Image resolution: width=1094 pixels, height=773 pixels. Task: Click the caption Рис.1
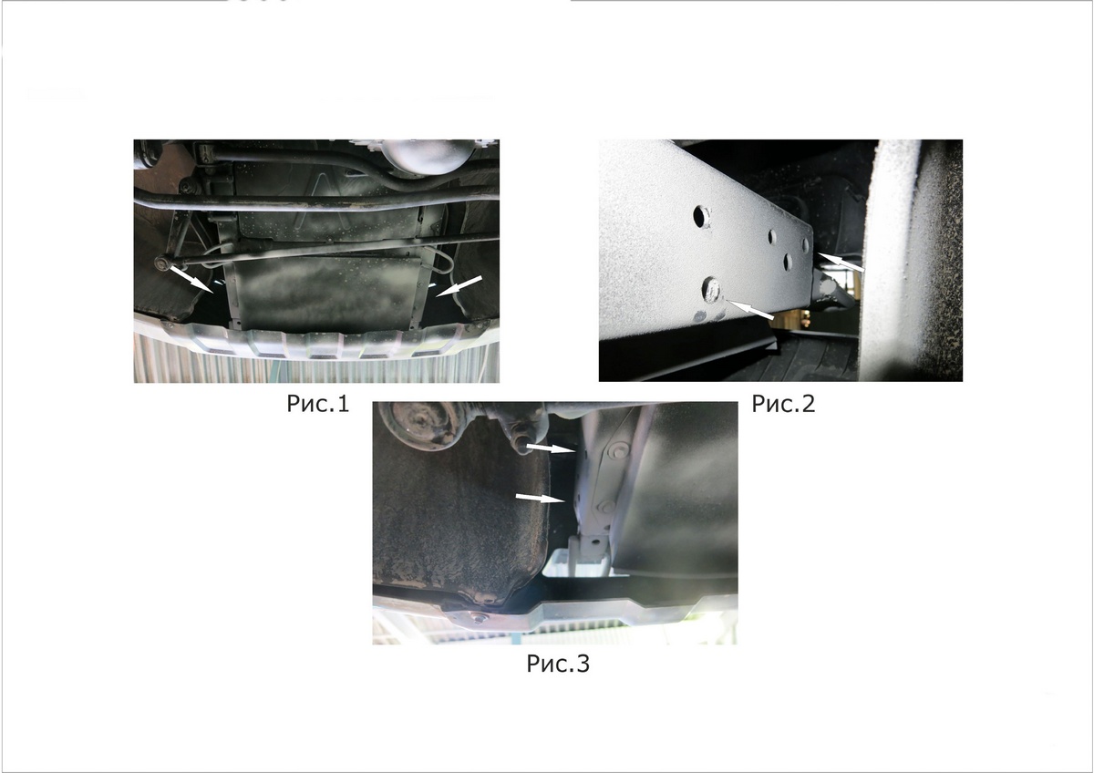coord(318,403)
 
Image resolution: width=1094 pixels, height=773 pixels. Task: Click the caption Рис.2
coord(783,403)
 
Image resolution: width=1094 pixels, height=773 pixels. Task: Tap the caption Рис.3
coord(558,663)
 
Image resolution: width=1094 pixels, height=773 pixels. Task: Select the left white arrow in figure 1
coord(191,280)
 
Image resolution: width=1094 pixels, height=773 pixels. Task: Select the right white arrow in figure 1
coord(459,286)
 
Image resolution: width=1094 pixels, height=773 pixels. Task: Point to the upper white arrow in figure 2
coord(840,262)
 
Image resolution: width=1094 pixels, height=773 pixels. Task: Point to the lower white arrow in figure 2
coord(750,310)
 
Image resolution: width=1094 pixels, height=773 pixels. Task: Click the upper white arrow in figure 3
coord(550,448)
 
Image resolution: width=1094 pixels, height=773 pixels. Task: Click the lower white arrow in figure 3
coord(540,498)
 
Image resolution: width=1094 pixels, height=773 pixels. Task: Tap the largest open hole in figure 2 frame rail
coord(700,216)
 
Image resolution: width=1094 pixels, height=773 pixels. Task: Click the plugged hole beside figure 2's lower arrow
coord(712,290)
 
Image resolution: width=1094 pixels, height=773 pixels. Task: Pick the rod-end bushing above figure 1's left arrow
coord(161,263)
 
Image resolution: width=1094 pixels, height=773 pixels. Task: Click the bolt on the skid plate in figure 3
coord(477,619)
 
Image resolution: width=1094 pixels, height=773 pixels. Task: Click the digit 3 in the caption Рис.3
coord(583,663)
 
